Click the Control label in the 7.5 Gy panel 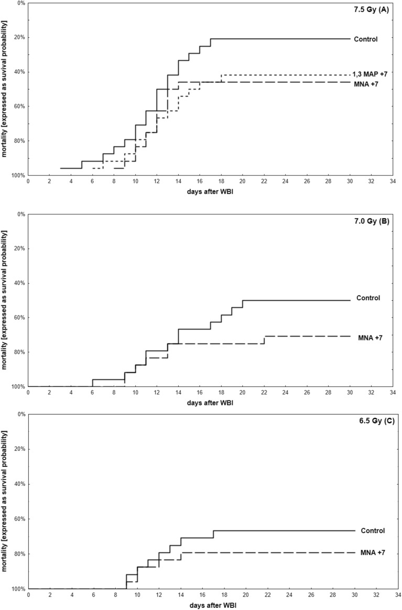coord(365,39)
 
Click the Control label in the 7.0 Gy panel coord(368,298)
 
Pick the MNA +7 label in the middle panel coord(370,337)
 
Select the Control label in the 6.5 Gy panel coord(373,530)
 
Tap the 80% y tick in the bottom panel coord(18,554)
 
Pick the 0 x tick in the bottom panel coord(28,595)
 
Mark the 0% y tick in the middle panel coord(20,214)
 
